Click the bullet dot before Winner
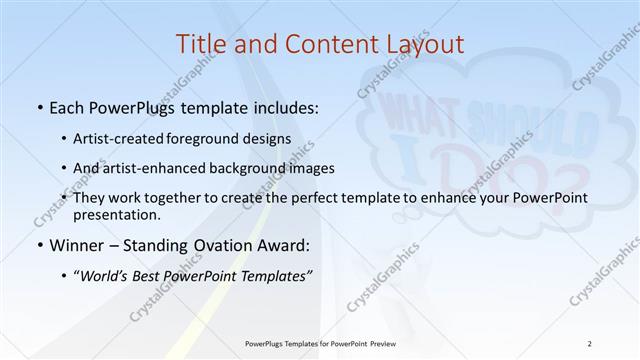38,244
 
